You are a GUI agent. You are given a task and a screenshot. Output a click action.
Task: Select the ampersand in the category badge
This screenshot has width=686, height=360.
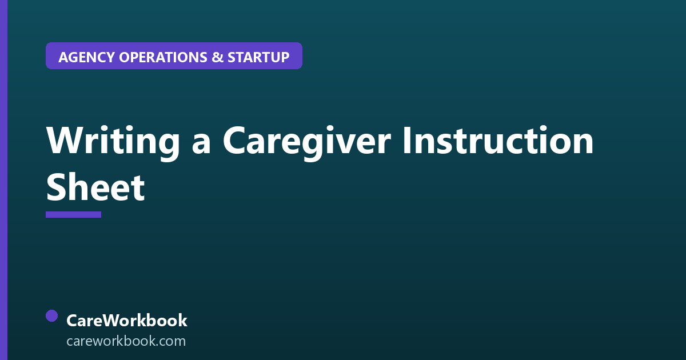[217, 57]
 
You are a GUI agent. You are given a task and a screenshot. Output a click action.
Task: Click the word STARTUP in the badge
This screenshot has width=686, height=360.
[258, 57]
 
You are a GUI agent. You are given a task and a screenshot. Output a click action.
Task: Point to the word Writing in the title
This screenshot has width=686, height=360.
[113, 142]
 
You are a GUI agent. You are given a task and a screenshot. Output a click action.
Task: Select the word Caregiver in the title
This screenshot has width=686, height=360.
[307, 142]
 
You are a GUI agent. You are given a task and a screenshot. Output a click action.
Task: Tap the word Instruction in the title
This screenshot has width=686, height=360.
[498, 139]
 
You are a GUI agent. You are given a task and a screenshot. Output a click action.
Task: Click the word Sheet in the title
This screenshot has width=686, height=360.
[95, 187]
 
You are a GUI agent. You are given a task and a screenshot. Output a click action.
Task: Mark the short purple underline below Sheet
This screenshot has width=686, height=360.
[74, 215]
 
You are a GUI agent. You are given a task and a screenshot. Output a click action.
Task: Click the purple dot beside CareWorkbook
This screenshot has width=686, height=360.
[52, 316]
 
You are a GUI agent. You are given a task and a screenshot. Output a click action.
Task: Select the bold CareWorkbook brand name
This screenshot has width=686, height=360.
[127, 321]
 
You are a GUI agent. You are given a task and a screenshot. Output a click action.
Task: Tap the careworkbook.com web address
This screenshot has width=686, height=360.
[126, 341]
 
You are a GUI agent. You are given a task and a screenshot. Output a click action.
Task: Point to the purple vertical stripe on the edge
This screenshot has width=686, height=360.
[3, 180]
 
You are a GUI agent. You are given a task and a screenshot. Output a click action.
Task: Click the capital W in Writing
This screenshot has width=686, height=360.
[63, 140]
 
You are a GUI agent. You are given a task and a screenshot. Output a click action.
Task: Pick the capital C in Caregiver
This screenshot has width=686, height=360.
[234, 140]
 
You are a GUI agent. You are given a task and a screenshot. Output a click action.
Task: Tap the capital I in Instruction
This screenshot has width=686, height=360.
[406, 140]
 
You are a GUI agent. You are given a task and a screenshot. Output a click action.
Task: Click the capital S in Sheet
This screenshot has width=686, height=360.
[56, 187]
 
